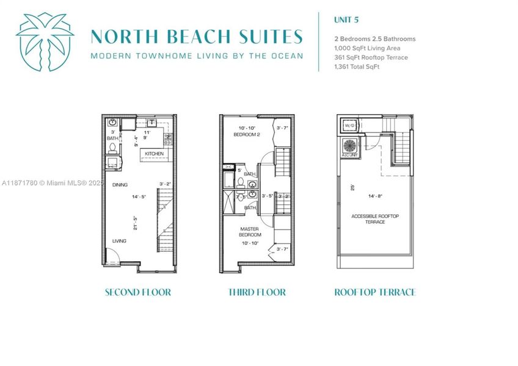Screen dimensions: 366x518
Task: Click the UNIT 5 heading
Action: [346, 20]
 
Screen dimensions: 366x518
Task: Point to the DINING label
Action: [120, 183]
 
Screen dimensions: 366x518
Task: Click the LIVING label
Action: [119, 241]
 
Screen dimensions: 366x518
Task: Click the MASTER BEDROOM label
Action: [250, 231]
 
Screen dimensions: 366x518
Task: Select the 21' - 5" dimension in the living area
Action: [136, 223]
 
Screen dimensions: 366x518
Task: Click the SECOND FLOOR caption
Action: [138, 292]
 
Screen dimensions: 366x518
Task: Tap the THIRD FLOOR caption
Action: [257, 292]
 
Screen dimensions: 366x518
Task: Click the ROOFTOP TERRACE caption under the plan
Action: [375, 292]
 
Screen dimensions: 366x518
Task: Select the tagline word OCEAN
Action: [284, 56]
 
